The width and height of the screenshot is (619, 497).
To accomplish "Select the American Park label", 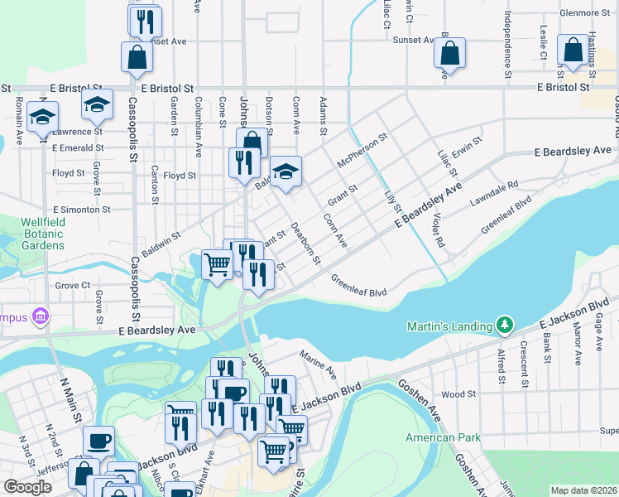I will pos(442,437).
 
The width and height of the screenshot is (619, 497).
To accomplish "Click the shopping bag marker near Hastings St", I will pos(573,52).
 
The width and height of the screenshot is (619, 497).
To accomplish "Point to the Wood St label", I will pos(457,395).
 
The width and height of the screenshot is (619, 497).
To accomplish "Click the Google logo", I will pos(27,487).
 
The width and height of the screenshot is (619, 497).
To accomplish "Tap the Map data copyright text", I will pos(583,490).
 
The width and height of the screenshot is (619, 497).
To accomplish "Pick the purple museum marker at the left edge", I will pos(39,316).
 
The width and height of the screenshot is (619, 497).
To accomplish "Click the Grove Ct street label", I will pos(72,285).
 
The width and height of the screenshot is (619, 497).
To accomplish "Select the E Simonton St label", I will pos(81,210).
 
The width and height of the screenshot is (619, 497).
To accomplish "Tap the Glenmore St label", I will pos(584,12).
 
